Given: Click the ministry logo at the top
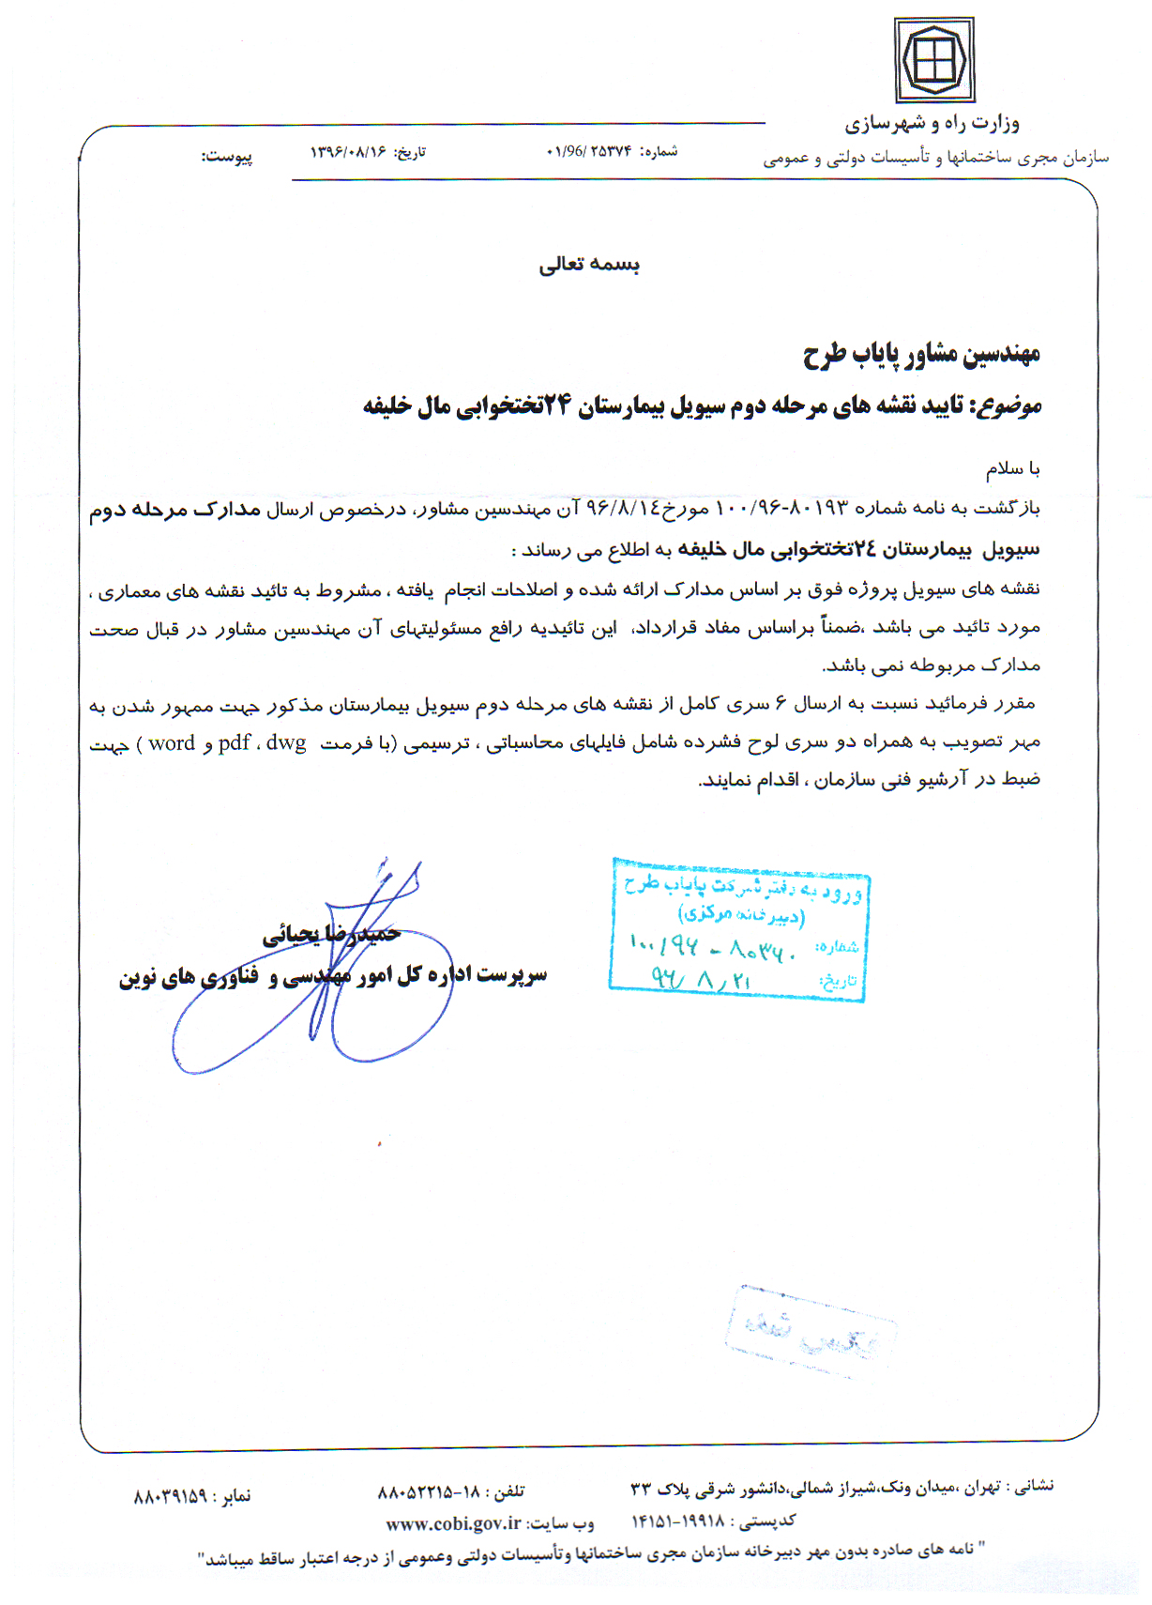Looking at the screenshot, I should pos(933,59).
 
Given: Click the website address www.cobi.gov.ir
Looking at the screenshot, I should pos(453,1522).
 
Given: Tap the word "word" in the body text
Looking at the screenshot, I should pos(172,743).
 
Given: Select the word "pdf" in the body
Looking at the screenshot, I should pos(234,743).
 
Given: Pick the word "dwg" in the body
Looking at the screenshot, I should pos(286,743).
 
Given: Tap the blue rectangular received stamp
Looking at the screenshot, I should pos(738,929).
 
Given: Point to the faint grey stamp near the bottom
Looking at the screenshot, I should pos(811,1331).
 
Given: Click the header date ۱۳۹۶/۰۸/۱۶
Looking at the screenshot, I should pos(348,152).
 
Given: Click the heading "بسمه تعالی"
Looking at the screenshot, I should pos(589,265).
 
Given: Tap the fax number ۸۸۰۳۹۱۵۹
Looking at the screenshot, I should pos(170,1495).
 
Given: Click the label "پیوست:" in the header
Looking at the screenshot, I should pos(226,157).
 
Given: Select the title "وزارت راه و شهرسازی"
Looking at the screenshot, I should pos(932,123).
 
